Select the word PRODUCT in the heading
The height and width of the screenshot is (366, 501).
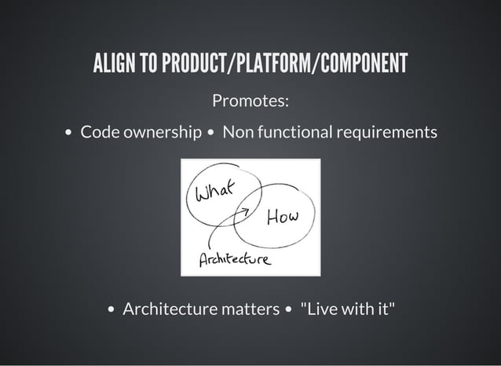coord(192,64)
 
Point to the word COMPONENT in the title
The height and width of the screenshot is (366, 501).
coord(361,64)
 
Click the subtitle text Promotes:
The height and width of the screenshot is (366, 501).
coord(251,101)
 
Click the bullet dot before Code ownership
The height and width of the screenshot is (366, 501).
coord(68,133)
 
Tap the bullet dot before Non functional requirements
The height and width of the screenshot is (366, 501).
coord(211,133)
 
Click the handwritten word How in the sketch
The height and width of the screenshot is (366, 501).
coord(283,217)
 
